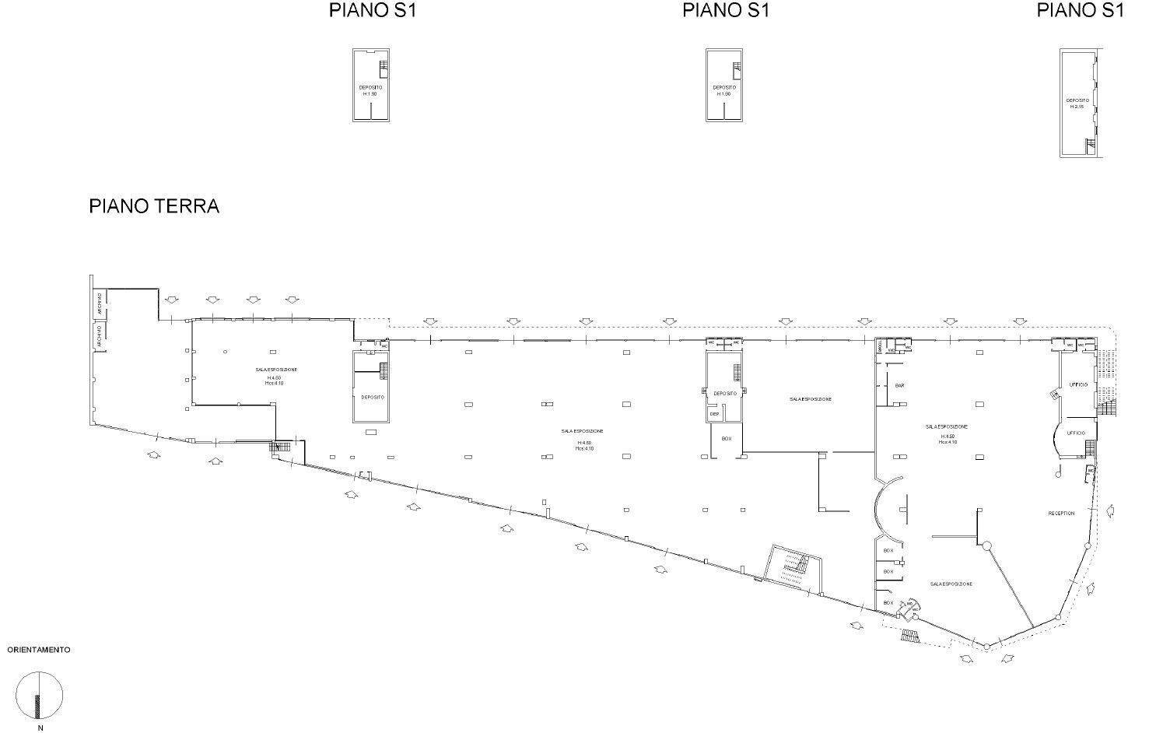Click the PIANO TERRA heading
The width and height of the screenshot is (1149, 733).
coord(154,206)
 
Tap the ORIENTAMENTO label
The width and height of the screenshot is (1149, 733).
coord(39,649)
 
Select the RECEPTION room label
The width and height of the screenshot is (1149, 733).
coord(1061,514)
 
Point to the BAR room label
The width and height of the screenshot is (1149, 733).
coord(899,385)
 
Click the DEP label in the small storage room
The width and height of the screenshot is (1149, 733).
coord(714,414)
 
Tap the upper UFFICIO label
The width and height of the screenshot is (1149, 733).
coord(1077,384)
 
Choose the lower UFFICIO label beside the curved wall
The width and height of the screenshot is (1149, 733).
coord(1075,433)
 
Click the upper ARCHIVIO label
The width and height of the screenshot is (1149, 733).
coord(100,303)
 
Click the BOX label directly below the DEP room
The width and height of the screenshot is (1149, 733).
coord(727,439)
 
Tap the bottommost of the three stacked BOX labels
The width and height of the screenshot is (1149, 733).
coord(888,603)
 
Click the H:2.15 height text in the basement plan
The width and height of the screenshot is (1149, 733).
coord(1077,107)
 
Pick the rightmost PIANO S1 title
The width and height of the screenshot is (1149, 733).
coord(1081,11)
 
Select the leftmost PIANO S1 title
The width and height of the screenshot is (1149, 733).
coord(373,11)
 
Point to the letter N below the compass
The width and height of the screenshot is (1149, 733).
coord(40,728)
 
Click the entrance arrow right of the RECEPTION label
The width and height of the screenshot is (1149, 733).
coord(1111,510)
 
